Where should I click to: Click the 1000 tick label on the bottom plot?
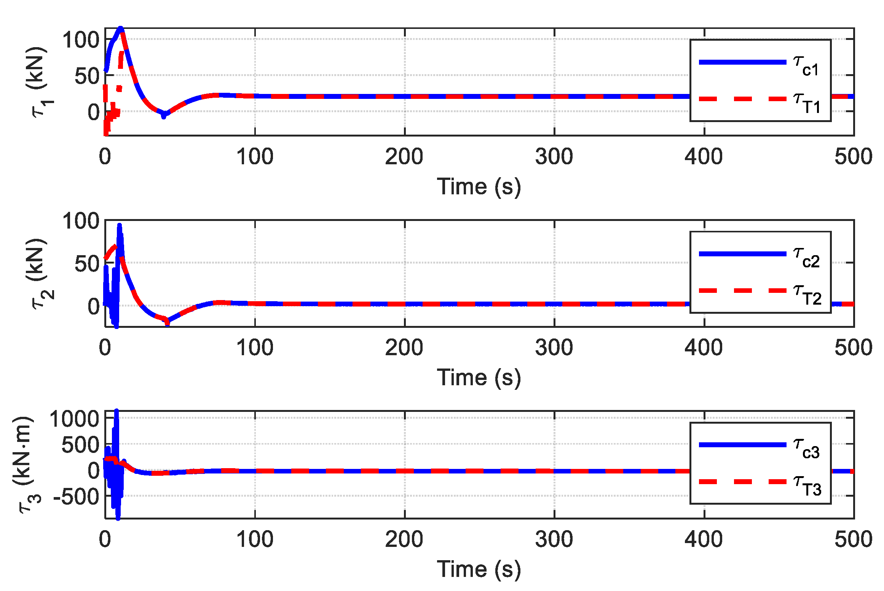click(75, 419)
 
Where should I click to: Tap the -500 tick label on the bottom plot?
click(77, 497)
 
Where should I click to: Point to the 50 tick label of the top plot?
click(87, 76)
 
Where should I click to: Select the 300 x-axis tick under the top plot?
click(554, 157)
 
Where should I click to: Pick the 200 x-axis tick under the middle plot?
click(404, 348)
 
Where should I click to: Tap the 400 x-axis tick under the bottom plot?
click(704, 539)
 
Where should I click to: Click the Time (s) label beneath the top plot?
click(479, 187)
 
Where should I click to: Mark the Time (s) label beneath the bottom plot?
click(479, 569)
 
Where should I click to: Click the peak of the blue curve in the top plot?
click(121, 29)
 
